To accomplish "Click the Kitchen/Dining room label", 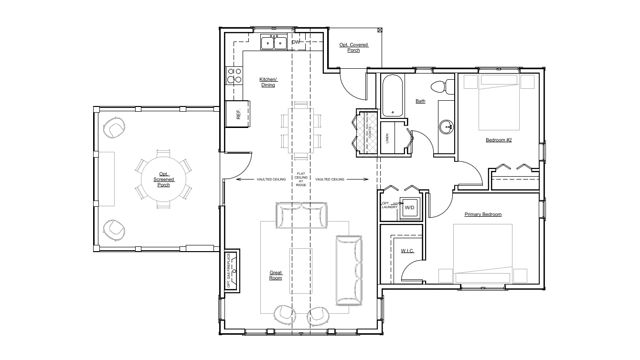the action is [268, 82].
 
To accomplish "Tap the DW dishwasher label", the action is [296, 42].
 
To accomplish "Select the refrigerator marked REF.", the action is [238, 114].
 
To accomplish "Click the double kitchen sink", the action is [274, 43].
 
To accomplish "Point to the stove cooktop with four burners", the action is [235, 75].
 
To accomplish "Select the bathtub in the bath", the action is [393, 95].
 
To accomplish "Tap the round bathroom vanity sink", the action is [446, 127].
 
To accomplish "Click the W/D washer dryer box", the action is [410, 208].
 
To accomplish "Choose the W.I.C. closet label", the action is [407, 251].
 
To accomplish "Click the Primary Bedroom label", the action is [483, 214].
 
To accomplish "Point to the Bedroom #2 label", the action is [499, 140].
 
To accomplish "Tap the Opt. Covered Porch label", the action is [354, 47].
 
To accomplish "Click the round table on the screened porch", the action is [163, 179].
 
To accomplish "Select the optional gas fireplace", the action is [232, 271].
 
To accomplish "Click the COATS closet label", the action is [370, 132].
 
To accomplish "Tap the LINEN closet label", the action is [387, 138].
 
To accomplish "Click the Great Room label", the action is [276, 275].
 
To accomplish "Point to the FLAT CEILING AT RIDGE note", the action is [301, 179].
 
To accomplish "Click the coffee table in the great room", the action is [301, 271].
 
